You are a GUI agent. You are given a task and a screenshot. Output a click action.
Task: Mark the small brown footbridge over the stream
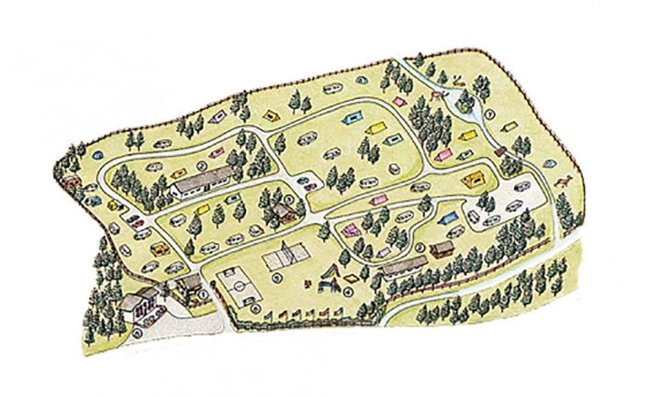(x=501, y=149)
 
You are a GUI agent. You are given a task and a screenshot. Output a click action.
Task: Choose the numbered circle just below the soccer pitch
(x=250, y=307)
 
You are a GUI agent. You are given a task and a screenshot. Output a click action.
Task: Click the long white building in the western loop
(x=202, y=182)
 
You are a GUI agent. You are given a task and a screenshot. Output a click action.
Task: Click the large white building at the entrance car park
(x=140, y=302)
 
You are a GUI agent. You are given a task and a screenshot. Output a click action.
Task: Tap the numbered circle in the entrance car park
(x=138, y=332)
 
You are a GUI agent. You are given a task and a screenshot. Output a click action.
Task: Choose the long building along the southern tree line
(x=403, y=267)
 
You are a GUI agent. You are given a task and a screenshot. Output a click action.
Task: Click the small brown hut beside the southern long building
(x=442, y=248)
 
